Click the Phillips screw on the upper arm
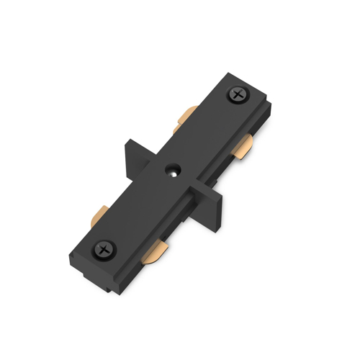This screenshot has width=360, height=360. click(237, 95)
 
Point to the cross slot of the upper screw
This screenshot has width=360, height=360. click(237, 95)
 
